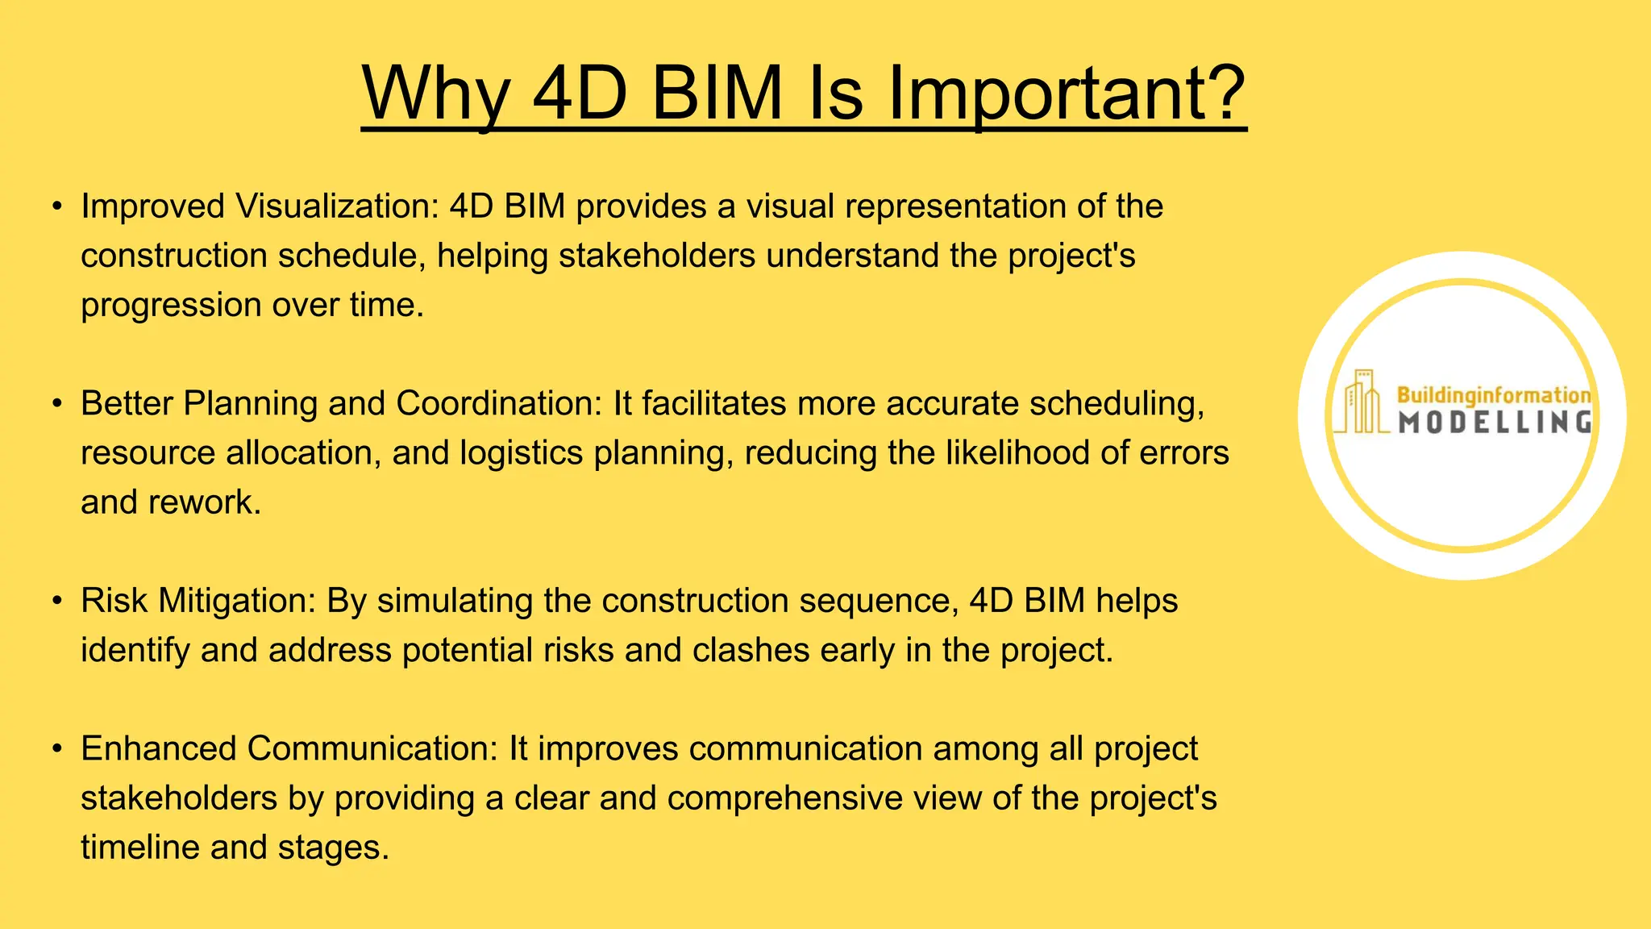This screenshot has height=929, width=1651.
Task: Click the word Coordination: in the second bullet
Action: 499,403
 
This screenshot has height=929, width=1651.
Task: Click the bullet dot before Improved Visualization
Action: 56,207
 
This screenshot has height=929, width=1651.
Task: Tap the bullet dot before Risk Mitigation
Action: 56,602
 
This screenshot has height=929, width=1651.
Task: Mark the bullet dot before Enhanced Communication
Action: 56,749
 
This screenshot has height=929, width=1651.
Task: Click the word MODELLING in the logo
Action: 1494,423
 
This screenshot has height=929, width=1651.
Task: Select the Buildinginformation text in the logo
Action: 1493,395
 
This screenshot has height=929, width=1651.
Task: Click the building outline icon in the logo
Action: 1362,402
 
